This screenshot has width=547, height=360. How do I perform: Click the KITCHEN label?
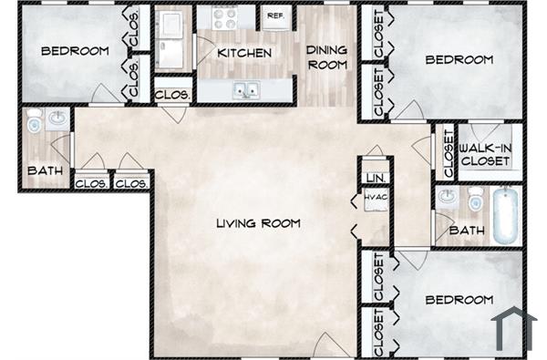[x=243, y=53]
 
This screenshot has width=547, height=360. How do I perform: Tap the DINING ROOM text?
[x=326, y=57]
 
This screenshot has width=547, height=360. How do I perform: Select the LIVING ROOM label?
[x=258, y=223]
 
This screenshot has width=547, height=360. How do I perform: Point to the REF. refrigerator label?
[x=274, y=15]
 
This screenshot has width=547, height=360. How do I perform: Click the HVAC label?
[x=375, y=198]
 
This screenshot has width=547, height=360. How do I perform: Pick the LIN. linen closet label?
[x=374, y=177]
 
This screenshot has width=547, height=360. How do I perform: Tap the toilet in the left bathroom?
[x=35, y=120]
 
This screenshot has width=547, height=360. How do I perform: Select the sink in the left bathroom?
[x=57, y=118]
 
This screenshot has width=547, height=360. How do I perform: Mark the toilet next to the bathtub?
[x=475, y=199]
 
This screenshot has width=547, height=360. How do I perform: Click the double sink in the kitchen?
[x=244, y=89]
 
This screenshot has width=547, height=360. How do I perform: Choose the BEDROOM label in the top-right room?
[x=459, y=60]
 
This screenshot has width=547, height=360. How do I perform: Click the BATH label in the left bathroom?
[x=43, y=170]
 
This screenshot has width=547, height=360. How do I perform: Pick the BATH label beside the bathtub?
[x=466, y=231]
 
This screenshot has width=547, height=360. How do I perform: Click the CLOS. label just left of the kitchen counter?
[x=171, y=94]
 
